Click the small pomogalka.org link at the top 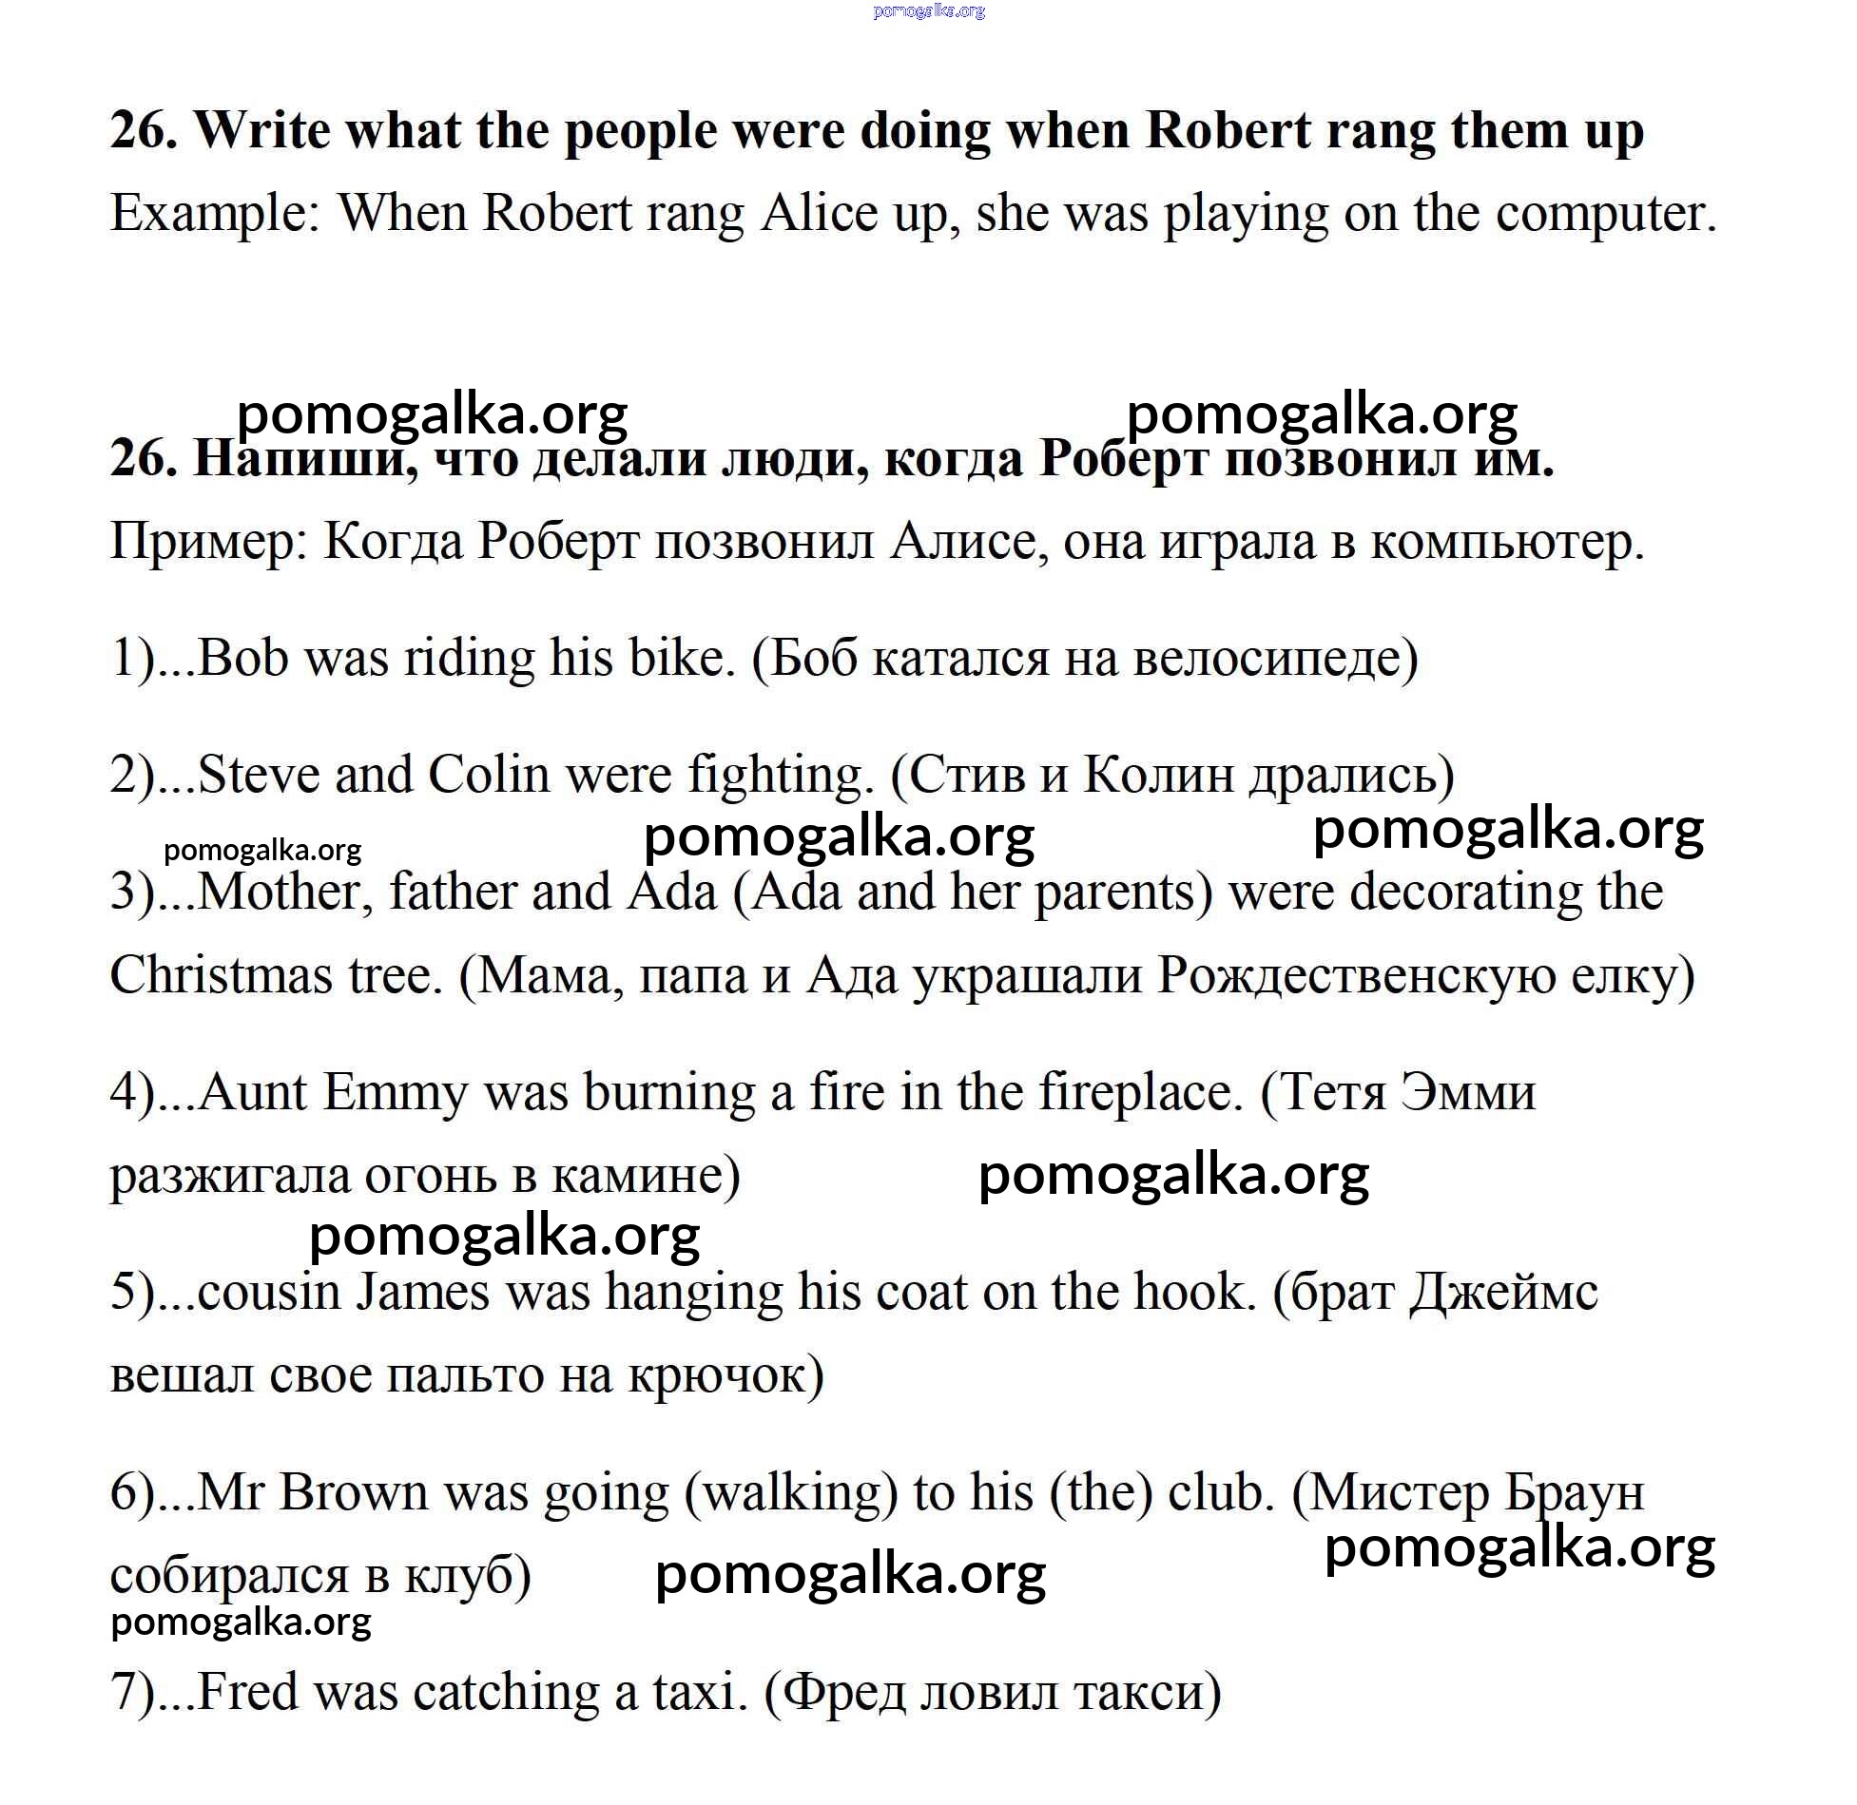tap(928, 11)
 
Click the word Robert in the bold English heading tap(1228, 130)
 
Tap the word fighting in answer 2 tap(779, 776)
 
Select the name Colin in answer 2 tap(489, 776)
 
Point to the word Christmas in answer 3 tap(221, 975)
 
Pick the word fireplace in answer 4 tap(1140, 1092)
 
